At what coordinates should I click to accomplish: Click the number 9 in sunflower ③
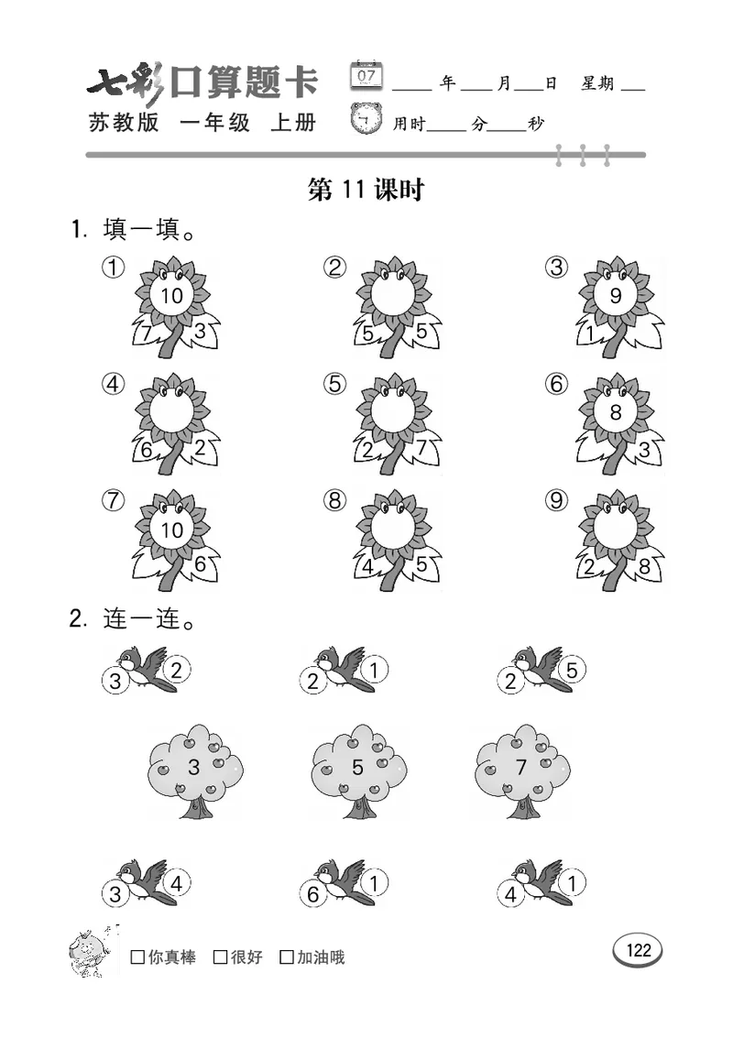(615, 296)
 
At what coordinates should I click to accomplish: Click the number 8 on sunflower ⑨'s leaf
(644, 567)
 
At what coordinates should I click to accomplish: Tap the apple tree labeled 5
(357, 770)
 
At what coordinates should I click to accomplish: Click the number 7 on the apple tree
(520, 768)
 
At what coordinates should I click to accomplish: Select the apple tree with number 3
(194, 770)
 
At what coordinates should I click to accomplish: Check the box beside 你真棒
(137, 957)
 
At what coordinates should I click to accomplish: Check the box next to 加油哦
(287, 957)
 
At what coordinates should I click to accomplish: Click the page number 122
(638, 950)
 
